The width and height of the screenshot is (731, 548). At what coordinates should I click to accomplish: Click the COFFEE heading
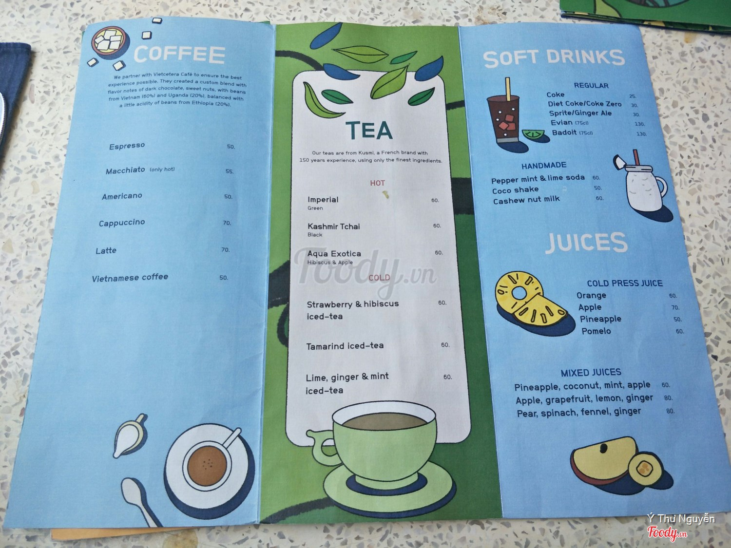pos(179,54)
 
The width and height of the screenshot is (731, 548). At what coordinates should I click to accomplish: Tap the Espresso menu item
pos(127,146)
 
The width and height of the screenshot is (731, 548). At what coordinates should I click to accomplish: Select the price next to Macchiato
pos(230,171)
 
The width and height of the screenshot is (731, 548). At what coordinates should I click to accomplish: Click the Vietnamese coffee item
pos(130,278)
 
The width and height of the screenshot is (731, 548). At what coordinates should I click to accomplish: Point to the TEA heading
pos(368,130)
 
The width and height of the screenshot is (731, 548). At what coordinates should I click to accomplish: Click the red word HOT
pos(377,183)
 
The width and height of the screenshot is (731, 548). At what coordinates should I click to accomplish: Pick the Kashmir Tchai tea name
pos(334,227)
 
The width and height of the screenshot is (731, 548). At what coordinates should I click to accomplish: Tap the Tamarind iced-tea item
pos(345,346)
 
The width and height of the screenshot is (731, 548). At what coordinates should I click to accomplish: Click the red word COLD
pos(379,278)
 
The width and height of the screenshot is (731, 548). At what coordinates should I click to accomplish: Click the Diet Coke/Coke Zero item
pos(585,104)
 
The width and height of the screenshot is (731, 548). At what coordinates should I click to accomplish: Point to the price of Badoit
pos(641,134)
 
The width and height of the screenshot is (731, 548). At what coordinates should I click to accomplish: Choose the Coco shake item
pos(515,190)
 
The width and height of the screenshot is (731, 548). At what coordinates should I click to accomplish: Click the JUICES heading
pos(586,242)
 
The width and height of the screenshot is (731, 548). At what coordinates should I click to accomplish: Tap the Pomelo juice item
pos(596,331)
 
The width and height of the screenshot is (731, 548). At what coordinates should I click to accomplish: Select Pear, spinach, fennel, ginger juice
pos(579,412)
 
